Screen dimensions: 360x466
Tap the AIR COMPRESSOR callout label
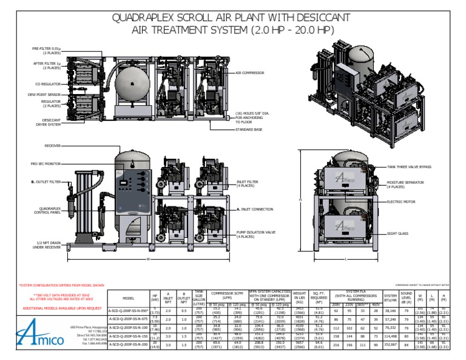[x=249, y=72]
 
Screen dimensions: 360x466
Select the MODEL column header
[x=128, y=298]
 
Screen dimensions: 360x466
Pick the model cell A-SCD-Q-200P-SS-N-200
[x=128, y=344]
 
